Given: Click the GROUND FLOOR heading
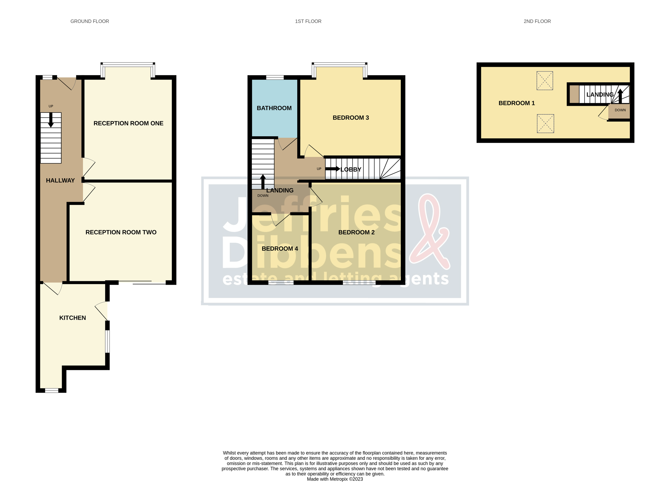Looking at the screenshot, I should [x=90, y=21].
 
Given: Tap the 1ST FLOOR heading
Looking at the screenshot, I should [x=308, y=21].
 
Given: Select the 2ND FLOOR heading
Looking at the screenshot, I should [x=537, y=21].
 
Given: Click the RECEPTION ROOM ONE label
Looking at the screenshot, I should [x=128, y=123].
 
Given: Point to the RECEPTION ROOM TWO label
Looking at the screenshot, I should [x=121, y=232].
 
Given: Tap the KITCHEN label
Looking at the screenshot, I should [x=72, y=318].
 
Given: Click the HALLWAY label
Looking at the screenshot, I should [x=60, y=180].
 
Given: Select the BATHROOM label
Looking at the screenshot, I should [x=274, y=108].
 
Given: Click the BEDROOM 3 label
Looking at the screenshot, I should [x=350, y=118].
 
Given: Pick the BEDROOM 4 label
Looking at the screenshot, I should [x=279, y=249].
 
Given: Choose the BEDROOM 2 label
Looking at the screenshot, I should [x=356, y=232].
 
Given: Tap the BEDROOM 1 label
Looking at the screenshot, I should [x=516, y=103].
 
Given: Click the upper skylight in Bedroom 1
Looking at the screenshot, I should [x=544, y=81].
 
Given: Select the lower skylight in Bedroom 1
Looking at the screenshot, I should [x=545, y=124].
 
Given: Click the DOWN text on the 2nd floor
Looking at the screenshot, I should [x=620, y=110].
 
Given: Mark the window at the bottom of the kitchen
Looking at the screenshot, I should [x=51, y=390].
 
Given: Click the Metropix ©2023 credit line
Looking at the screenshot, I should [x=335, y=479].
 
